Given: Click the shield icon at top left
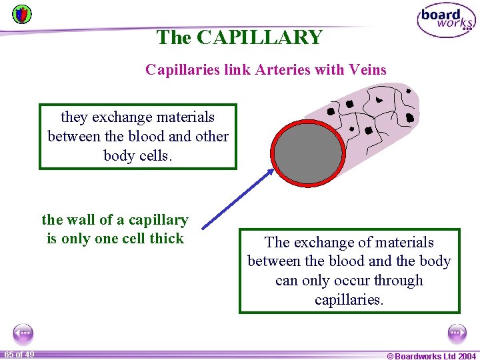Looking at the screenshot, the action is point(21,13).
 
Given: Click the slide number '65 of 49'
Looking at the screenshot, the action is point(19,354).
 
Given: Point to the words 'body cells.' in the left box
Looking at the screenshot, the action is point(137,155).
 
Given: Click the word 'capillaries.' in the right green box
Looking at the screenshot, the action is point(349,299).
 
